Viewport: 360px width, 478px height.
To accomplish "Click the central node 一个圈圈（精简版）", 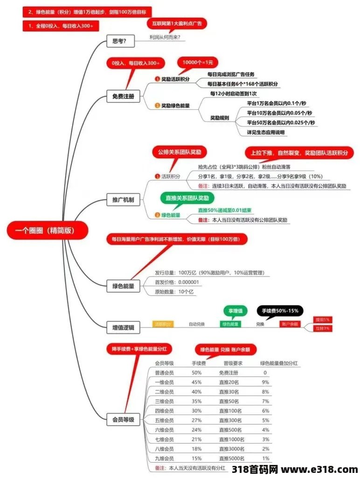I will click(x=47, y=230).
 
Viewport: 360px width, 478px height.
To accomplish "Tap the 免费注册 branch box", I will click(x=123, y=97).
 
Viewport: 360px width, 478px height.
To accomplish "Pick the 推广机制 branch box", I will click(x=123, y=200).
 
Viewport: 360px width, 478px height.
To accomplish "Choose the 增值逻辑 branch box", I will click(x=123, y=328).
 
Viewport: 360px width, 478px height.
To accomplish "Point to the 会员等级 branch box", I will click(x=123, y=420).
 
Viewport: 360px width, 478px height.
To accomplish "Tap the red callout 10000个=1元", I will click(x=197, y=63).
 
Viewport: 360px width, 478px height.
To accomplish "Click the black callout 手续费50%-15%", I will click(x=280, y=310).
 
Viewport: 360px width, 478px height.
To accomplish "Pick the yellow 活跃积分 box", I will click(x=163, y=324).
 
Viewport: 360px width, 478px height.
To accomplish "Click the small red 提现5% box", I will click(x=322, y=320).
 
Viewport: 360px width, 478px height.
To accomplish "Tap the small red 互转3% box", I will click(x=322, y=329).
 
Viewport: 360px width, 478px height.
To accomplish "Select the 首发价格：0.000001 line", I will click(x=177, y=282).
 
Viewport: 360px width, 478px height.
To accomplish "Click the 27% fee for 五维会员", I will click(x=196, y=420).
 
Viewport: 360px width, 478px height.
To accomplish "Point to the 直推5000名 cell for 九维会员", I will click(x=231, y=458).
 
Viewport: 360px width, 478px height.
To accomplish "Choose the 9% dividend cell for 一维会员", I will click(x=265, y=382).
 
